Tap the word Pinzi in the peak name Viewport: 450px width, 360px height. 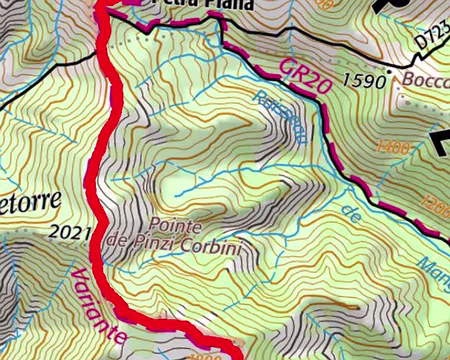coord(154,242)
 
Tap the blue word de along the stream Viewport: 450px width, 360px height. coord(351,212)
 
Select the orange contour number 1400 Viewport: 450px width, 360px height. coord(392,148)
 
